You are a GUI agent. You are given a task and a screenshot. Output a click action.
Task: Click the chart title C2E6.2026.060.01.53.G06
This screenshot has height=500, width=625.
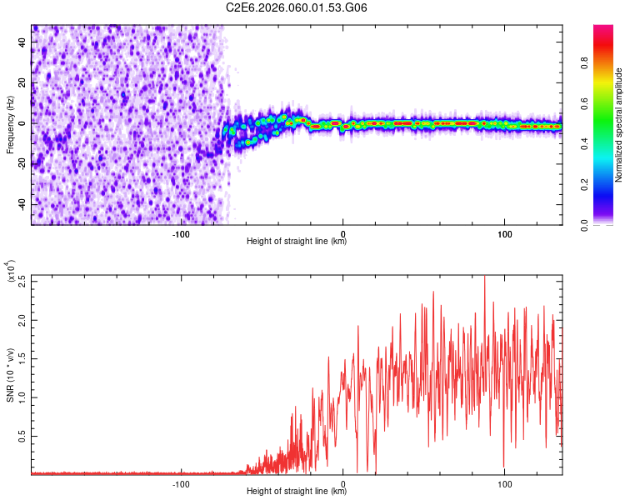pos(297,7)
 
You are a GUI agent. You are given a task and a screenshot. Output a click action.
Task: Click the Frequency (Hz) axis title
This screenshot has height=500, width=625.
pos(10,125)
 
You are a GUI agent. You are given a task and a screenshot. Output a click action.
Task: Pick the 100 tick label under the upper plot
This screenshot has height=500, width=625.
pos(504,232)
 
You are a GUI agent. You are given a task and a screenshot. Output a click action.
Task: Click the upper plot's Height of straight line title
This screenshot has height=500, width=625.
pos(297,242)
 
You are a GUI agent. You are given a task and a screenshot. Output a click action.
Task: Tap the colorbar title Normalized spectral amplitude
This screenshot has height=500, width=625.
pos(619,125)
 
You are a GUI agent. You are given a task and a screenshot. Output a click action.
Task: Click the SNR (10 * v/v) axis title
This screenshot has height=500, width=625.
pos(10,374)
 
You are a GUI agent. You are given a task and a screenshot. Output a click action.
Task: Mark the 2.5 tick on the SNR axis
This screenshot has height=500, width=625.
pos(22,280)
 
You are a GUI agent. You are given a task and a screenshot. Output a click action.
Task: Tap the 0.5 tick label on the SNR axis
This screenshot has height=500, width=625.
pos(22,435)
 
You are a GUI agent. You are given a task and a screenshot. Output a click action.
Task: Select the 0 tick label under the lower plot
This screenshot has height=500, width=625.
pos(343,482)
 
